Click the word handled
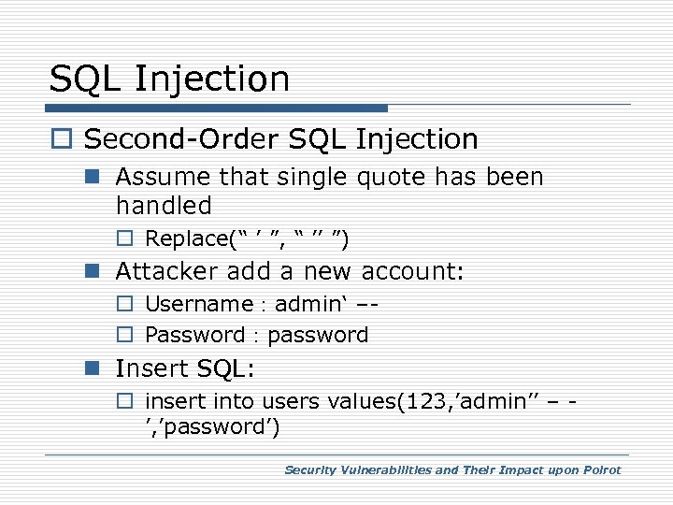(x=164, y=205)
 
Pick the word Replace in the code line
(x=181, y=238)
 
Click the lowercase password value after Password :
(x=318, y=335)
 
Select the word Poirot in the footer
(x=599, y=470)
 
